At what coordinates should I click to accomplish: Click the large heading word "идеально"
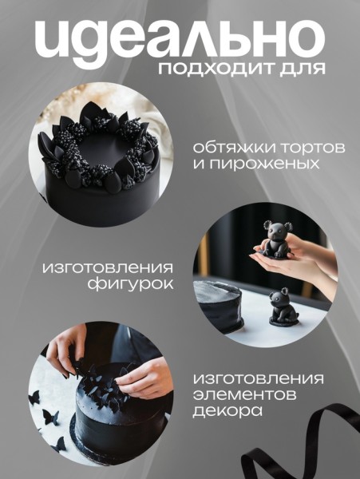pos(180,41)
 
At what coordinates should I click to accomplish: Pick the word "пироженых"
pos(263,164)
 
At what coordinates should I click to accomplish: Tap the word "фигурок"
pos(130,283)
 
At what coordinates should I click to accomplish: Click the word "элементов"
pos(244,394)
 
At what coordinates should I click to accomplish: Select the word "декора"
pos(227,410)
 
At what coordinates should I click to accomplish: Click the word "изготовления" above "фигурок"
pos(108,268)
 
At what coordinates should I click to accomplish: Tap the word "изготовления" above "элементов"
pos(259,378)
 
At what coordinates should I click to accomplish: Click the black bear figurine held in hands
pos(276,239)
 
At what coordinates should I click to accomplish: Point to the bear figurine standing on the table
pos(283,307)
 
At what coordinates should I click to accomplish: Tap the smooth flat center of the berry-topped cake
pos(102,149)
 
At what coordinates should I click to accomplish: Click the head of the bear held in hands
pos(277,230)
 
